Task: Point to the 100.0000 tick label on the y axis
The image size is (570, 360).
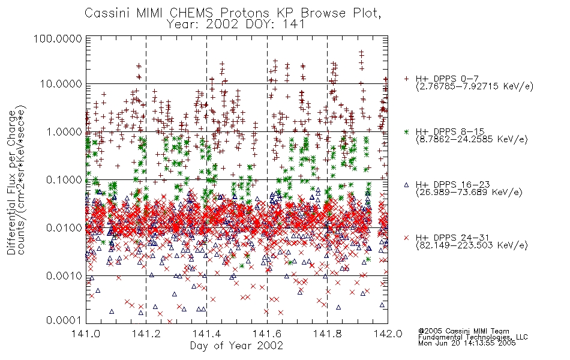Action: coord(58,38)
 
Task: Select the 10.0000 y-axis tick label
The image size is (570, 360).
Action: coord(61,84)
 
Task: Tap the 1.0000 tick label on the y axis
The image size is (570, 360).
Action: coord(64,131)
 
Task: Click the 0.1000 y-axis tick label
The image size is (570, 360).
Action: coord(64,179)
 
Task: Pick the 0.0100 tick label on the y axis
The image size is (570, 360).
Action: coord(64,227)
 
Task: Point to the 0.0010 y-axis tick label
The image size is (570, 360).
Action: coord(64,275)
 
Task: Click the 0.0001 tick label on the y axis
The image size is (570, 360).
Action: coord(64,320)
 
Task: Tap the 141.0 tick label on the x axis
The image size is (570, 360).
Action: coord(86,334)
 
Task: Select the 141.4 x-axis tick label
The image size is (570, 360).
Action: coord(206,334)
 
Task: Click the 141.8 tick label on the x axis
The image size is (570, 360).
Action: coord(327,334)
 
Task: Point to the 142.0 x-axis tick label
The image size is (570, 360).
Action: coord(388,334)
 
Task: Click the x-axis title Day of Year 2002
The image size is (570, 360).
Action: coord(236,346)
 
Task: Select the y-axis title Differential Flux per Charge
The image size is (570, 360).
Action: coord(13,182)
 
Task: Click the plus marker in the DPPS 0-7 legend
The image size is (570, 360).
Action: coord(407,79)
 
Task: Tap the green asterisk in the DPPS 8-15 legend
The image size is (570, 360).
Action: coord(407,131)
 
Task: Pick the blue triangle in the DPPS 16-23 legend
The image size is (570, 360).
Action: coord(407,185)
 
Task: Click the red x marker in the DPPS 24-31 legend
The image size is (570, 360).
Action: coord(407,238)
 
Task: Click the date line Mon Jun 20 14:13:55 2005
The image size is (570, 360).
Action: coord(467,343)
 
